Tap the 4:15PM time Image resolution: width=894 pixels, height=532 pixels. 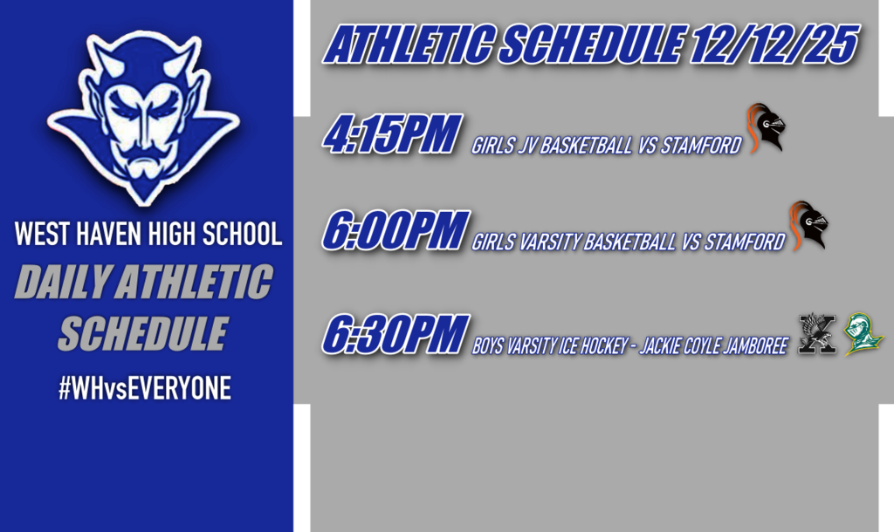pyautogui.click(x=391, y=135)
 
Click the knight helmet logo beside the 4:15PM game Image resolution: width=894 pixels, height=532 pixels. pyautogui.click(x=766, y=127)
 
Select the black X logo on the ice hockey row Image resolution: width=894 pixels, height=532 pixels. pyautogui.click(x=818, y=334)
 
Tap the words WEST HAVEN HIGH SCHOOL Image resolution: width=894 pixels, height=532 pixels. pyautogui.click(x=148, y=234)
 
